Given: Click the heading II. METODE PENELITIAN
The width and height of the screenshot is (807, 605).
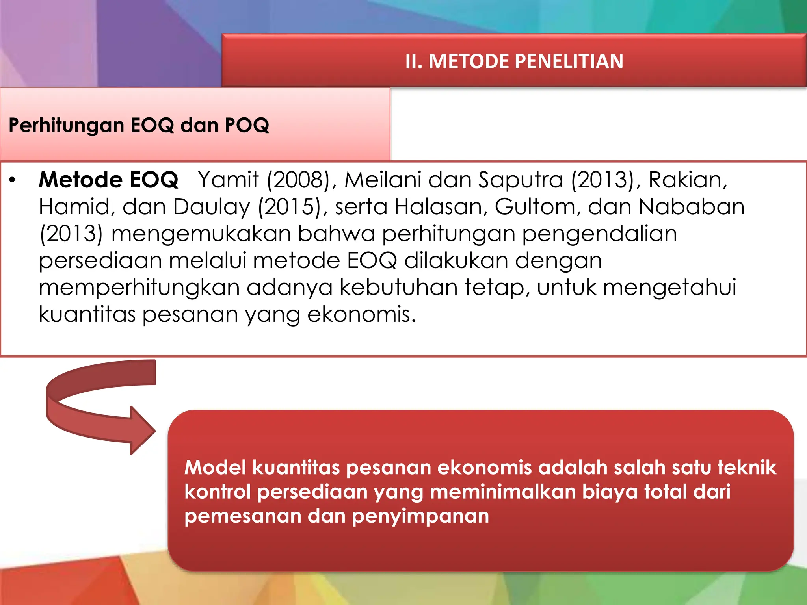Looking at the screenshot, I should click(514, 61).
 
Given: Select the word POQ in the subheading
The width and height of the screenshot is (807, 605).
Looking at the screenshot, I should click(247, 125).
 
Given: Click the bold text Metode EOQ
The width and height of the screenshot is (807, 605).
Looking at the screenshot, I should click(108, 180).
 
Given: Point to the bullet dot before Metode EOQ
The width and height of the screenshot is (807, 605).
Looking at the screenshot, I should click(13, 180).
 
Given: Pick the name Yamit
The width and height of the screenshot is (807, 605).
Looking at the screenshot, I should click(229, 180).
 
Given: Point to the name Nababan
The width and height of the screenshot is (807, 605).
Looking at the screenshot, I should click(692, 207).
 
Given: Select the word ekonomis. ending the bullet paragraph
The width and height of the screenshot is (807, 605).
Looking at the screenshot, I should click(361, 315).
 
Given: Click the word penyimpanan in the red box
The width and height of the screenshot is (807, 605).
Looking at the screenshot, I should click(420, 516).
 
